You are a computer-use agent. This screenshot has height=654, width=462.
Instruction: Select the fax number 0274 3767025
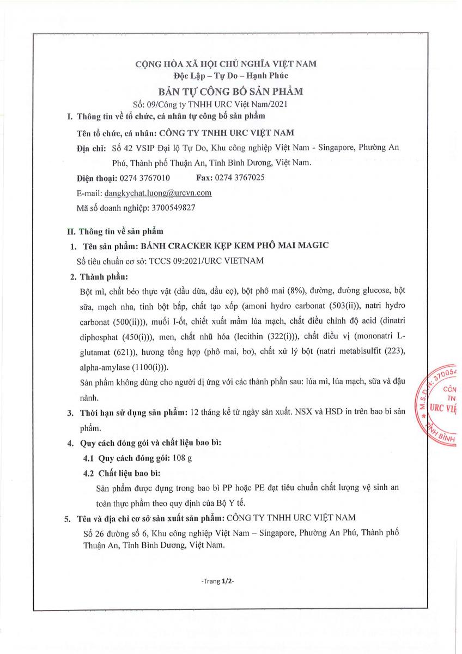point(241,178)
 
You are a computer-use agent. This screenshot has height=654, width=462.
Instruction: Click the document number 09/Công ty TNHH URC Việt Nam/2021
point(217,103)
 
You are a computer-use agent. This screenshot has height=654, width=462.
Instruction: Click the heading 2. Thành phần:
point(99,276)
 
